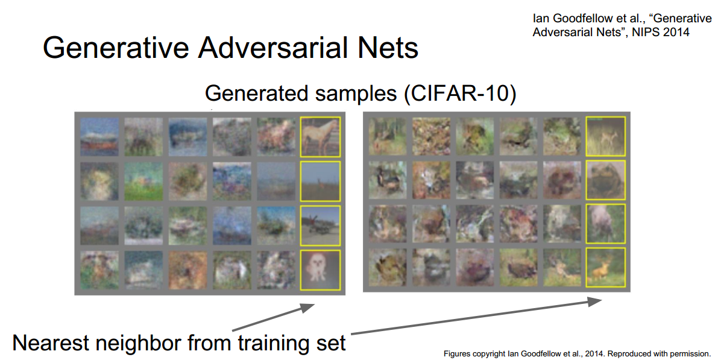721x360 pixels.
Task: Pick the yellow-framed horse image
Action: click(x=321, y=137)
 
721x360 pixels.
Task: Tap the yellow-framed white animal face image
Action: click(x=321, y=270)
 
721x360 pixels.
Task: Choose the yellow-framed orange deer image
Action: click(x=606, y=268)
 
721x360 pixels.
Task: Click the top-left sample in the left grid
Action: click(x=99, y=137)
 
